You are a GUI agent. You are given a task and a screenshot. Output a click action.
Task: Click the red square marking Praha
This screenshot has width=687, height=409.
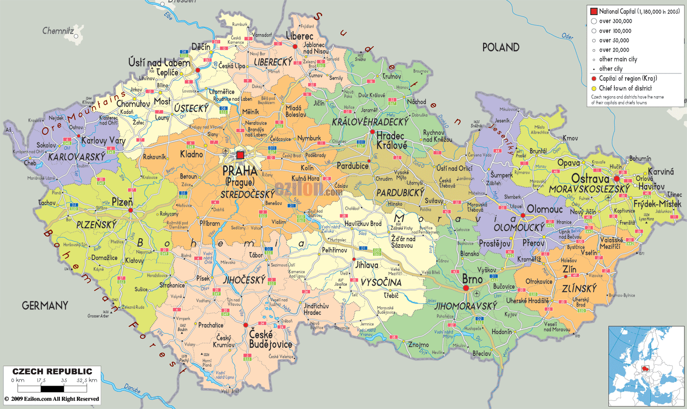click(240, 155)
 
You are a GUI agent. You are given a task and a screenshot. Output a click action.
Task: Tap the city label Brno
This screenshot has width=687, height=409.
click(472, 279)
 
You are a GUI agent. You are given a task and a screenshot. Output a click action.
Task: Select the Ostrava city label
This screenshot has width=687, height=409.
click(590, 178)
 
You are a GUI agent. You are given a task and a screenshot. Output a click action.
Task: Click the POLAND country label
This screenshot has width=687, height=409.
click(501, 47)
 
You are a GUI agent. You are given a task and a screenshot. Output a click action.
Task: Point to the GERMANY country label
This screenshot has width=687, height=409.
click(45, 305)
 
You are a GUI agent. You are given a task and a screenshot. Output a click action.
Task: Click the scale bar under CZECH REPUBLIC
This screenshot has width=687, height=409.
click(52, 389)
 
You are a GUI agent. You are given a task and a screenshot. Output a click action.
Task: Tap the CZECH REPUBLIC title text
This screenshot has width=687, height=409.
click(52, 372)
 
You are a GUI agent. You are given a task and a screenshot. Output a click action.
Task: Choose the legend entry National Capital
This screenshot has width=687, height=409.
click(634, 11)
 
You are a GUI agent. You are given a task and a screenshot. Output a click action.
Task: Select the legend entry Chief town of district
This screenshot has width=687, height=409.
click(625, 88)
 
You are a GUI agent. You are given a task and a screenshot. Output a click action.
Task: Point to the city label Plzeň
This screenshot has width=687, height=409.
click(122, 202)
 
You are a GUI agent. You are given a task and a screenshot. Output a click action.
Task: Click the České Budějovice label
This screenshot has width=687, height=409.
click(271, 339)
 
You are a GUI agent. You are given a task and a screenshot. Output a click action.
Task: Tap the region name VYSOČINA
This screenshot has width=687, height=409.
click(381, 283)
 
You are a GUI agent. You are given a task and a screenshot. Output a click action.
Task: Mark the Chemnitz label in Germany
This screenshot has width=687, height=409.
click(58, 31)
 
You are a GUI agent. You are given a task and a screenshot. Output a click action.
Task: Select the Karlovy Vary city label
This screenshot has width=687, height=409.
click(103, 141)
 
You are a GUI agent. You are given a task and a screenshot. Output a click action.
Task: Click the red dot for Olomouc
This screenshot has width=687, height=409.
click(523, 215)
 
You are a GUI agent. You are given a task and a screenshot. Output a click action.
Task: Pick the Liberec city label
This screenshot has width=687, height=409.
click(299, 36)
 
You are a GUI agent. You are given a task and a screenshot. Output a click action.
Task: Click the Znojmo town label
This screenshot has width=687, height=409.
click(418, 345)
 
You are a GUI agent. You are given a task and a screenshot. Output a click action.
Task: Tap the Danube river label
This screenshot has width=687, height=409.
click(131, 389)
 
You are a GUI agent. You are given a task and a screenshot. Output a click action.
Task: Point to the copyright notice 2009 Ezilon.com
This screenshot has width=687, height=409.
click(52, 399)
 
